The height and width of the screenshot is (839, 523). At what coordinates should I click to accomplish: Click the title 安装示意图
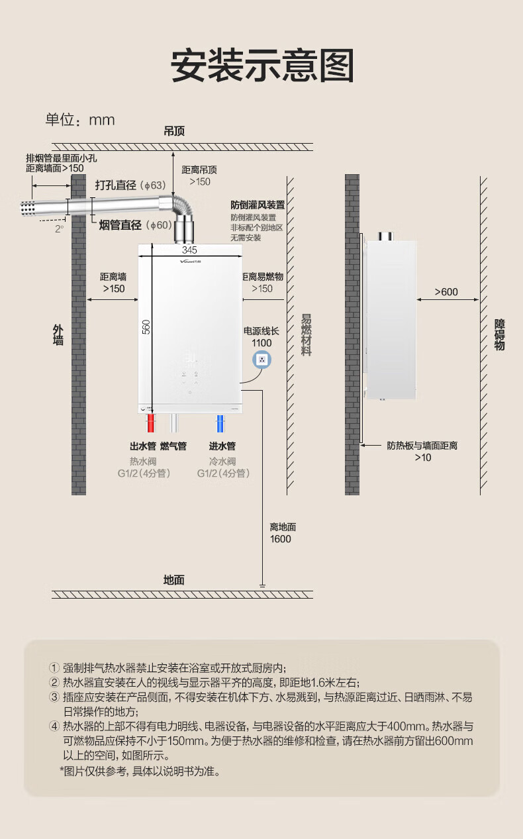pos(262,66)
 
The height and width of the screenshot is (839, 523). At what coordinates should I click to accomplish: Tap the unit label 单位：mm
pos(80,120)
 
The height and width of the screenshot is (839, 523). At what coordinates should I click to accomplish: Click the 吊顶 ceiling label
pos(174,131)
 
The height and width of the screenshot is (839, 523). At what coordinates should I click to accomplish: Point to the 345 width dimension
pos(190,250)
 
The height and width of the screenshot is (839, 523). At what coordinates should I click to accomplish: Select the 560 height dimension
pos(146,326)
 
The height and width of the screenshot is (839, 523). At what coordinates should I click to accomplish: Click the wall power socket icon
pos(262,360)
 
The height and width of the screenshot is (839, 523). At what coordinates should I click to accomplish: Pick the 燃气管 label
pos(173,446)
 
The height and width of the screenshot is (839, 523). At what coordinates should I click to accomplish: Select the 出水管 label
pos(143,446)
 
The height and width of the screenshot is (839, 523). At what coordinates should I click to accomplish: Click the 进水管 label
pos(222,446)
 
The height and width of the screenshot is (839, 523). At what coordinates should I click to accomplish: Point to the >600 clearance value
pos(446,292)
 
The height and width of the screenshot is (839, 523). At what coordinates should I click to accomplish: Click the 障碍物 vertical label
pos(500,335)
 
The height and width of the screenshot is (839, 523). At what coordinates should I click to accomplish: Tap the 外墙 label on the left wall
pos(58,335)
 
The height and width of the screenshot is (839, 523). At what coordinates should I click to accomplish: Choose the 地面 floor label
pos(174,580)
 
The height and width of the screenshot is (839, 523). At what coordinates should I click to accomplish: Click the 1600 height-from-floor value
pos(280,539)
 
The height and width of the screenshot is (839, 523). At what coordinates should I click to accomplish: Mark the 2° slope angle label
pos(59,229)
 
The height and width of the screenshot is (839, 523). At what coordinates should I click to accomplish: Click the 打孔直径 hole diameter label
pos(116,185)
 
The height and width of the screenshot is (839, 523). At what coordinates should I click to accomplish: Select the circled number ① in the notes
pos(54,667)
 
